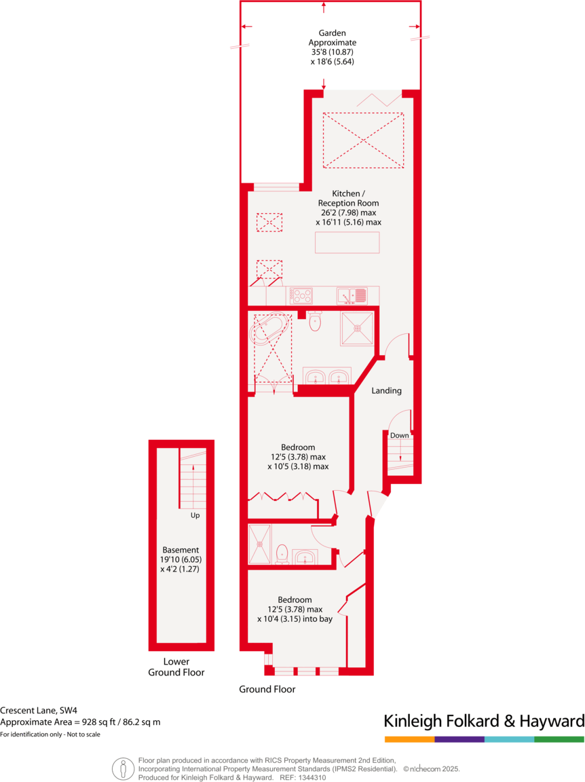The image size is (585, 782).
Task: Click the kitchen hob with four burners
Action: coord(302,295)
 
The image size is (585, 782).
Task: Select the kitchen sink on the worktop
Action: coord(352,295)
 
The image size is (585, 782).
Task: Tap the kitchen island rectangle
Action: coord(347,243)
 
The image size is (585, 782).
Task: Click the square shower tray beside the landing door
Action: coord(357,328)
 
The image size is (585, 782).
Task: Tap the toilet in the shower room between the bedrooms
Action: coord(283,553)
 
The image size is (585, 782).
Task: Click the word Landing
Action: coord(386,391)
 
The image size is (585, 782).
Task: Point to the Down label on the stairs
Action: coord(400,435)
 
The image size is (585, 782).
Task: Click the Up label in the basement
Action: coord(195,515)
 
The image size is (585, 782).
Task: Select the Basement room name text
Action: coord(181,550)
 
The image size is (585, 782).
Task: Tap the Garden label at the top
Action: coord(333,33)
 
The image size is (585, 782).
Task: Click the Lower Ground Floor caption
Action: coord(176,667)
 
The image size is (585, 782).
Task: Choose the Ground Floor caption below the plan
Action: coord(267,689)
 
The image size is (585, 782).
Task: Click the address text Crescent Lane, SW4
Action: coord(39,710)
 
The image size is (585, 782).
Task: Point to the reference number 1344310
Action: coord(312,778)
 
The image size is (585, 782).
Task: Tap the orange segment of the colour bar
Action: coord(409,739)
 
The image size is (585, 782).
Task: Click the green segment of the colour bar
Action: coord(559,739)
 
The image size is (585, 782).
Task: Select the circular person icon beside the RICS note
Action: coord(123,768)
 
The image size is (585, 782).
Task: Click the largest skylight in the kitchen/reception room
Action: coord(363,140)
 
